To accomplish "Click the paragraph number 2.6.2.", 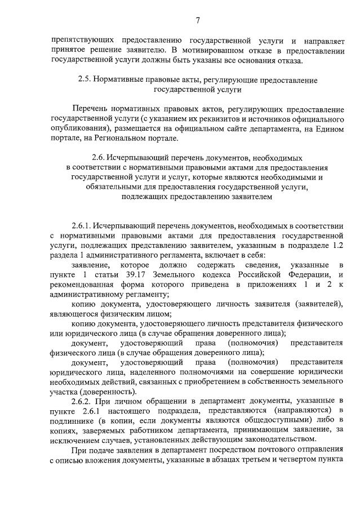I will click(x=83, y=401).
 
